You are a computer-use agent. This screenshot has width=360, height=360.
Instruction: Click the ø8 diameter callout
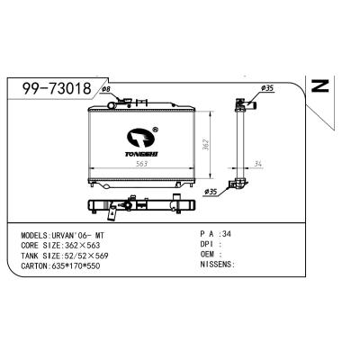pos(104,90)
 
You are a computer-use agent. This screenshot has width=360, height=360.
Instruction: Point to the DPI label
pos(206,243)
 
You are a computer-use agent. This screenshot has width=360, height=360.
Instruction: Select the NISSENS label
pos(216,265)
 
